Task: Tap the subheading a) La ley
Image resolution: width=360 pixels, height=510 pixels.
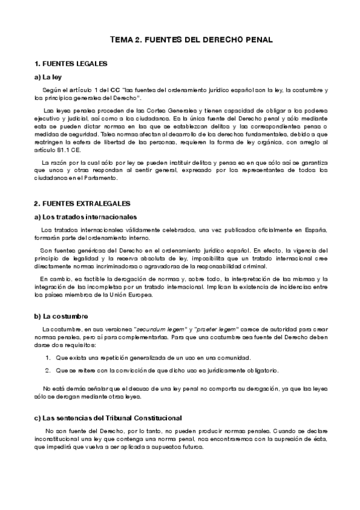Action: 49,77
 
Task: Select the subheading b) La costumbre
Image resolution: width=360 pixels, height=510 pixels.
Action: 61,316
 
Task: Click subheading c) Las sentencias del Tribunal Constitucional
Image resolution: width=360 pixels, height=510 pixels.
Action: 108,417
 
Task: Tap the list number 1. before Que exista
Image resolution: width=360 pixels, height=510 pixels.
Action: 47,357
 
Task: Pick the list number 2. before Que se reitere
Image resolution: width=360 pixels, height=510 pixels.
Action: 47,369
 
